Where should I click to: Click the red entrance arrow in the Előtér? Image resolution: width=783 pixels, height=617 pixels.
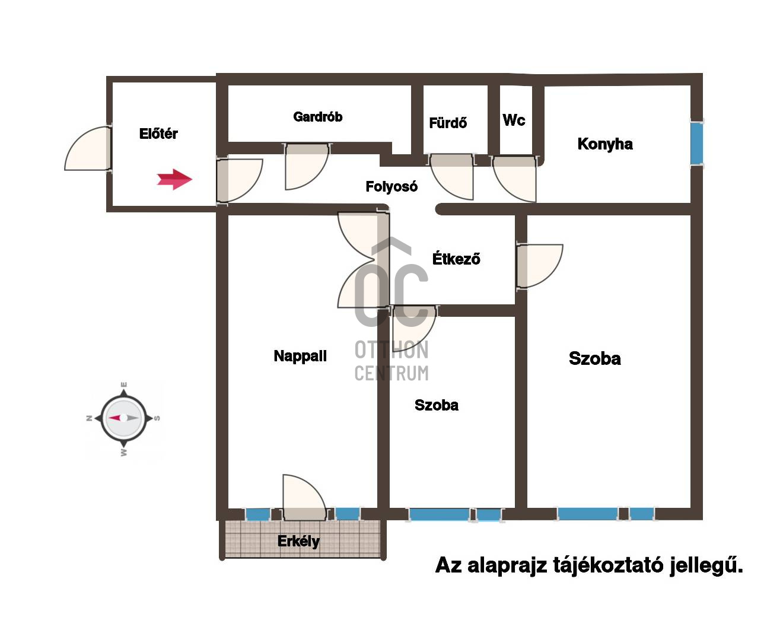tap(174, 179)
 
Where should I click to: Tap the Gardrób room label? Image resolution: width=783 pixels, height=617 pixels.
tap(317, 117)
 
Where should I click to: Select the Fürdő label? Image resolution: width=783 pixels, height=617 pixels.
tap(448, 123)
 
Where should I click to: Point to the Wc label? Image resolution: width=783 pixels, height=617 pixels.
tap(514, 120)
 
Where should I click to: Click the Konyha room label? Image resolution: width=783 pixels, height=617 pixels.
tap(605, 144)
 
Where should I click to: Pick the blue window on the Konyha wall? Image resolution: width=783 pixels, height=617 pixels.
tap(697, 144)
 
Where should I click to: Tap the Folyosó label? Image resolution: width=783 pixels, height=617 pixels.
tap(391, 186)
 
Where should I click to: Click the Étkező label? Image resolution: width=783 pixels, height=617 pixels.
tap(456, 259)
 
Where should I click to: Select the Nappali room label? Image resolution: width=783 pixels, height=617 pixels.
tap(300, 356)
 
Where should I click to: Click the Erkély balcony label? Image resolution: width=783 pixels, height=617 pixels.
tap(298, 541)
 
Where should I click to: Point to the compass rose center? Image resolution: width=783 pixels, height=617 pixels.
tap(124, 418)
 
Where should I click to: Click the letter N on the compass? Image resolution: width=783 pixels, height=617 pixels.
tap(89, 418)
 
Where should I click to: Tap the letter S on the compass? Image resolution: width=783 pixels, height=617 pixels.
tap(157, 418)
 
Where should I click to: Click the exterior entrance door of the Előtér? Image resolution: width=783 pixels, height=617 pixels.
tap(88, 148)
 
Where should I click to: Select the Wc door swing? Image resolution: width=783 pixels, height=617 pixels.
tap(514, 179)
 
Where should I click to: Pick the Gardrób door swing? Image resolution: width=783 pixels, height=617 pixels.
tap(307, 166)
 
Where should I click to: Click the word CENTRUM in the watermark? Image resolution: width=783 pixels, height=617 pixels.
tap(391, 374)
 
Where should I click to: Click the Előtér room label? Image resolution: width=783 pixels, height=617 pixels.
tap(158, 133)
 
